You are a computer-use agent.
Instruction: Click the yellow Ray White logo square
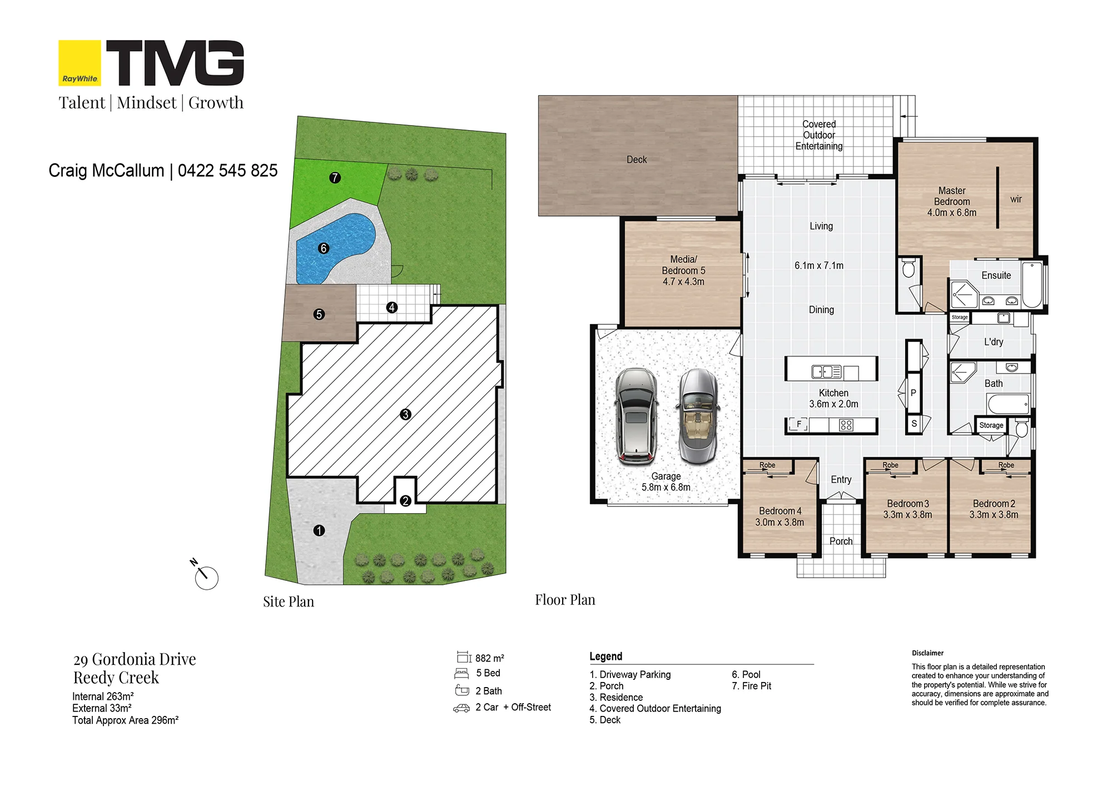80,63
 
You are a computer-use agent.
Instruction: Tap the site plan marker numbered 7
335,178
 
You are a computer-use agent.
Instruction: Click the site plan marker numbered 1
319,530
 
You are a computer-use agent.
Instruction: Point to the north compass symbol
205,575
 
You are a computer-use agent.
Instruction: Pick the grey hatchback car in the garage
636,416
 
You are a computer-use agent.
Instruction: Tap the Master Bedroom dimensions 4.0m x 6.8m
952,212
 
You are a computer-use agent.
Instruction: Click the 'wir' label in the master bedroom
1016,199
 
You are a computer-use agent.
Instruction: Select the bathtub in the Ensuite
1032,285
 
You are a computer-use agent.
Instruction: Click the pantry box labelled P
914,392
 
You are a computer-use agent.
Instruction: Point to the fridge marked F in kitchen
799,425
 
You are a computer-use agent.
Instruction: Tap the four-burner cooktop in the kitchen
846,425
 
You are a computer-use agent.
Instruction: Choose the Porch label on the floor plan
841,541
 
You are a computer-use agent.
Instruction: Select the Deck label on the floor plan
637,160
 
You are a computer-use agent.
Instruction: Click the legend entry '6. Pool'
746,674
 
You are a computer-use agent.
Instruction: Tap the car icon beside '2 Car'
461,708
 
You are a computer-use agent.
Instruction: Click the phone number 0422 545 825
227,170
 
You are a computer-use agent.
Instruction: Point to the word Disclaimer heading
927,653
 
